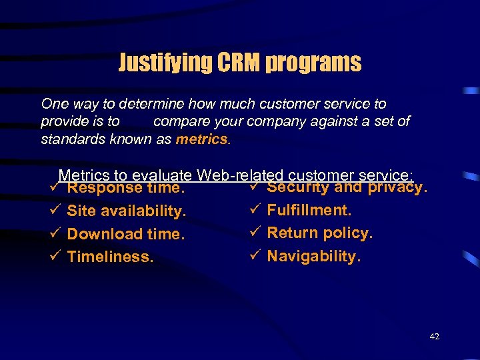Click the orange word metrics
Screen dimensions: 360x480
click(x=201, y=140)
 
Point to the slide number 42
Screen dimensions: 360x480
click(x=435, y=337)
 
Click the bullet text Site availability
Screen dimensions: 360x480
click(x=127, y=211)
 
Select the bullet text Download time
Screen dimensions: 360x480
click(x=125, y=234)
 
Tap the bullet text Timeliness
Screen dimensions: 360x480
click(x=111, y=257)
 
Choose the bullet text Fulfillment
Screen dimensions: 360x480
click(x=309, y=211)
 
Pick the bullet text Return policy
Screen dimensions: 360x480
click(x=320, y=233)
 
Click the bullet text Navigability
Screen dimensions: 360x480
click(x=314, y=256)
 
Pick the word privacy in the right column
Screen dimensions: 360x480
click(x=397, y=188)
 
